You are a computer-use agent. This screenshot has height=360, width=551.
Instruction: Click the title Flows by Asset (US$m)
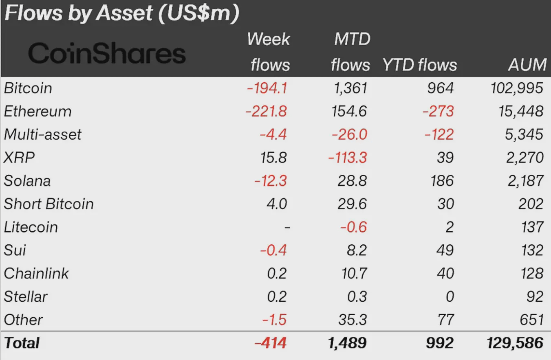(121, 14)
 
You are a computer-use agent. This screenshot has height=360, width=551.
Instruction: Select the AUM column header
(527, 65)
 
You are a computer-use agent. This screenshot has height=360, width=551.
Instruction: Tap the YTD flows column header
(419, 65)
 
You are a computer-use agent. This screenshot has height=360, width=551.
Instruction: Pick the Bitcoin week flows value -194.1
(267, 88)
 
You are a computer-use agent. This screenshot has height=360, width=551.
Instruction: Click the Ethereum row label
(37, 111)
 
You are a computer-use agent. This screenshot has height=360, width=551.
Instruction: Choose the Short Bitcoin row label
(49, 204)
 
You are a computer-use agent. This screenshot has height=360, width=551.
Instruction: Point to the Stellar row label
(26, 296)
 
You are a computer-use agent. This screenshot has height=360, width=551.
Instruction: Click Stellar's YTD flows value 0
(449, 296)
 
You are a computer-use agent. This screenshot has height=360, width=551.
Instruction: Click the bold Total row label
(22, 343)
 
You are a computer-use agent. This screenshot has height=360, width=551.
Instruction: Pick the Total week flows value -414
(270, 343)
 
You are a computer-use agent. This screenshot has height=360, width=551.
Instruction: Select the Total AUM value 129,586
(515, 343)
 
